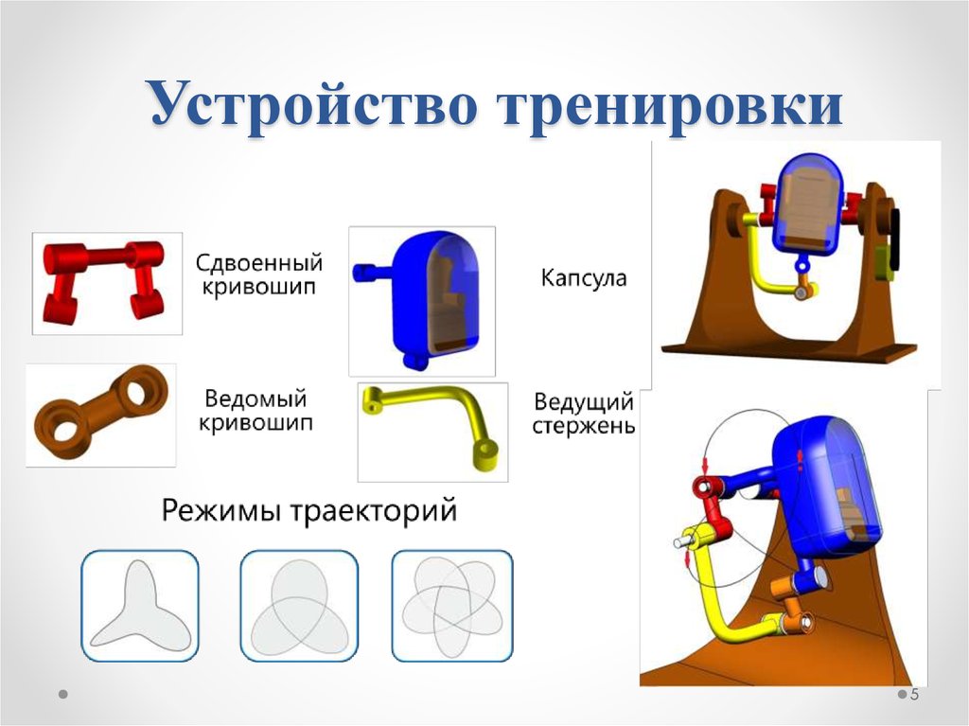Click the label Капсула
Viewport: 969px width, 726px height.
coord(583,278)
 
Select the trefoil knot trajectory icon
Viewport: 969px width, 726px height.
coord(298,606)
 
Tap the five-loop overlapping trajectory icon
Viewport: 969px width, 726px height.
coord(451,606)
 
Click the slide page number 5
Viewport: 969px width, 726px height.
coord(915,696)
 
